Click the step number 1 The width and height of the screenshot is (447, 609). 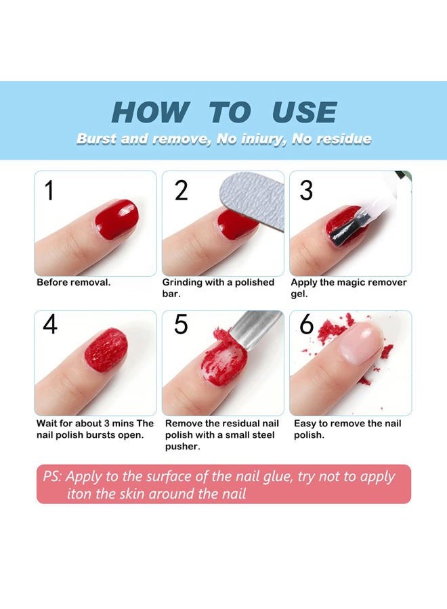point(49,190)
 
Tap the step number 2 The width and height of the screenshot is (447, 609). point(181,190)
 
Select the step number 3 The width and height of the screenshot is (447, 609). point(306,190)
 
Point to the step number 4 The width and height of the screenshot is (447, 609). point(49,324)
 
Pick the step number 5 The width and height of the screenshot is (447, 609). point(181,324)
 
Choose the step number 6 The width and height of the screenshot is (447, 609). point(306,324)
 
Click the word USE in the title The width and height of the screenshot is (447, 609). point(304,112)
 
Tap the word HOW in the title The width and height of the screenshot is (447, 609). point(150,112)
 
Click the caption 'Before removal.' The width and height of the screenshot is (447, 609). point(73,282)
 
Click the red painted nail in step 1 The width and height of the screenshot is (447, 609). point(116,220)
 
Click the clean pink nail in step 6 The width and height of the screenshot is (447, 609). point(361,342)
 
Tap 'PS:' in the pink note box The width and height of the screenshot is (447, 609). point(52,476)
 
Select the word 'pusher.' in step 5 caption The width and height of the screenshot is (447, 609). point(183,447)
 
